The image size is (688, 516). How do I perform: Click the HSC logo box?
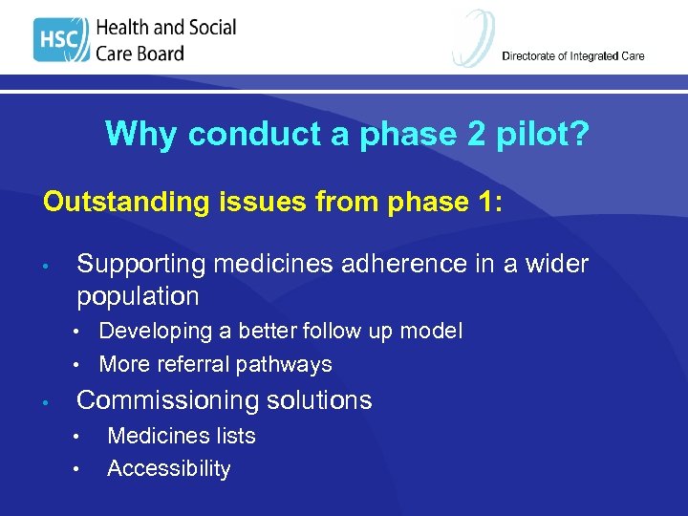click(x=60, y=40)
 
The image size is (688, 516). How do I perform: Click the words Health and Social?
click(x=165, y=28)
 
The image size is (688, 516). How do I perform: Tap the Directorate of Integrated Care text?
click(x=572, y=56)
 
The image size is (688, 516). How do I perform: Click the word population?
click(x=138, y=296)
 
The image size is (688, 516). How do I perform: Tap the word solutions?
click(x=321, y=400)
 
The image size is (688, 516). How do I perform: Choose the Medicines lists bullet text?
click(x=182, y=437)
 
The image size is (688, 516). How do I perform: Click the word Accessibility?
click(x=169, y=469)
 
